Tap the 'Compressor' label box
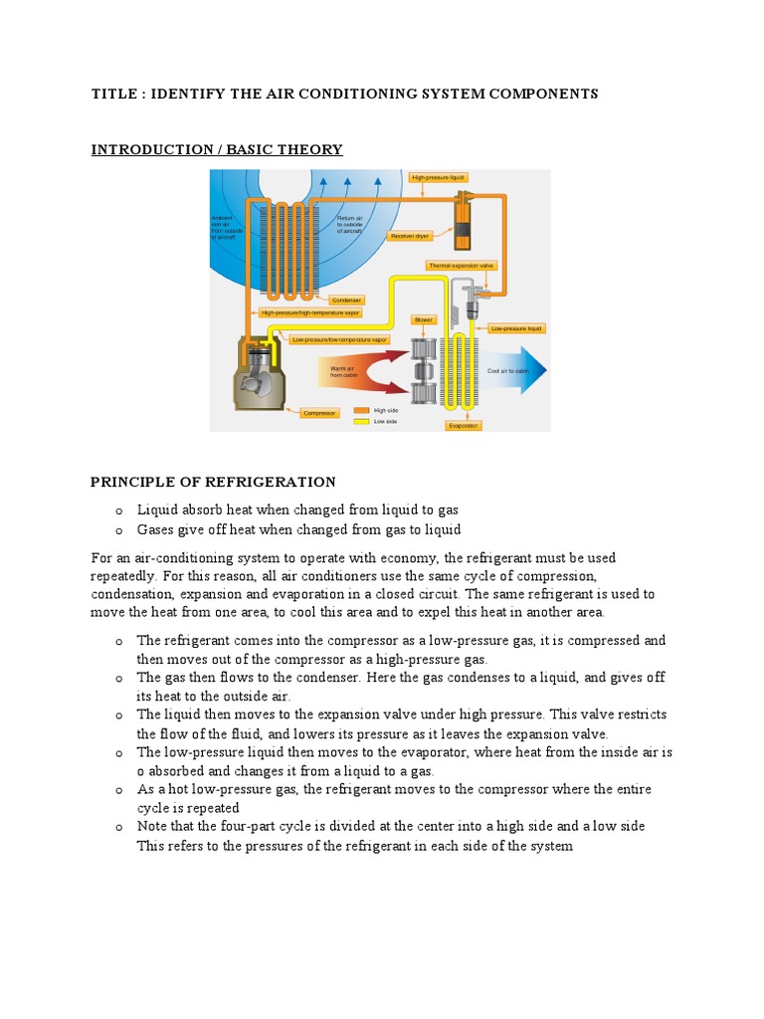click(x=320, y=412)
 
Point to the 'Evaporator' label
click(x=463, y=425)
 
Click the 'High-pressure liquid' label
click(x=439, y=177)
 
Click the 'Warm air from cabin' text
click(x=329, y=371)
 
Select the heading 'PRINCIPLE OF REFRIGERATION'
click(x=214, y=483)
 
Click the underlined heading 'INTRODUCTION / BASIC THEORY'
click(x=217, y=149)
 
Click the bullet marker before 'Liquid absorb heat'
click(x=117, y=509)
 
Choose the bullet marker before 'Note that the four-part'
click(x=117, y=827)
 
